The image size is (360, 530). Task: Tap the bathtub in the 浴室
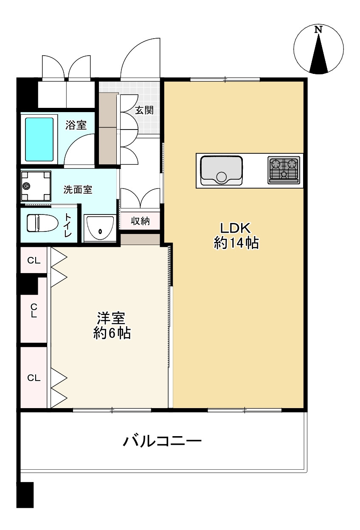coord(39,139)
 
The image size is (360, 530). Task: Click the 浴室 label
coord(76,125)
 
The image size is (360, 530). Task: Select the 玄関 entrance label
coord(144,110)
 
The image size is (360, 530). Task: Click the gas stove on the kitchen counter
coord(284,170)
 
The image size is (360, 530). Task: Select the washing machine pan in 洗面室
coord(36,186)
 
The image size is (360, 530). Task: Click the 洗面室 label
coord(78,190)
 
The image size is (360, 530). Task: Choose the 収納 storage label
coord(140,221)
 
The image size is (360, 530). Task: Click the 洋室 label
coord(111,318)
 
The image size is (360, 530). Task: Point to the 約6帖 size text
coord(112,333)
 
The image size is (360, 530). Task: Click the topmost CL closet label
coord(34,260)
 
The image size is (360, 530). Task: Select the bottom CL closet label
coord(34,378)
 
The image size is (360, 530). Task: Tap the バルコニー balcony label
coord(162,442)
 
